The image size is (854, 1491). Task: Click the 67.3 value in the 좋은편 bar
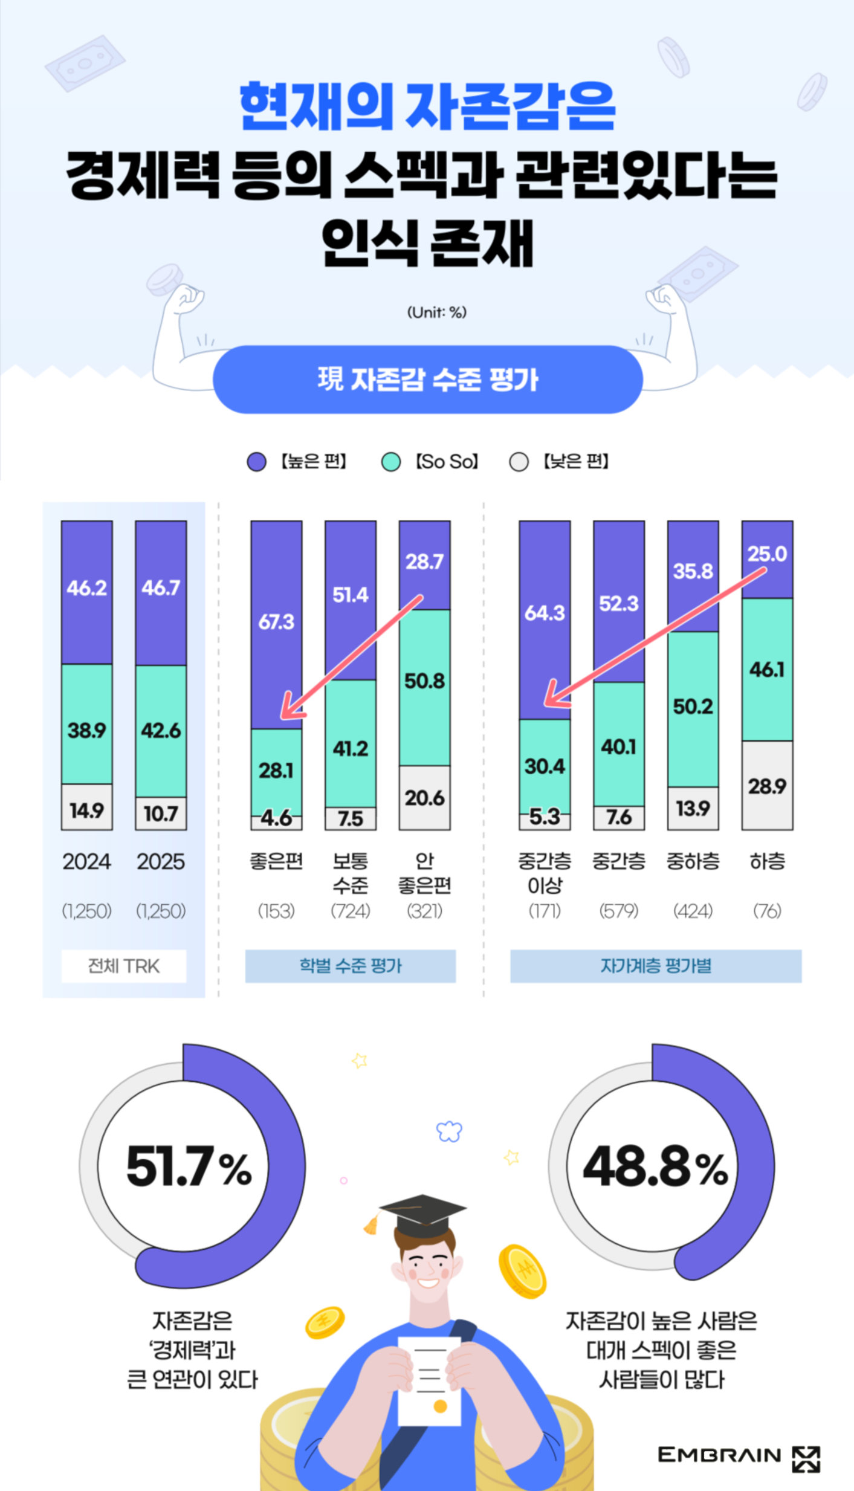276,621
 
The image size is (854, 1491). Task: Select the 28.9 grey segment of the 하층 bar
767,786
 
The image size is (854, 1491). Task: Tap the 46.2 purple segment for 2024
87,588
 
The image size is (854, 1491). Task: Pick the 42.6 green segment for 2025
161,730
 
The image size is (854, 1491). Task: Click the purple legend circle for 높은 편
257,462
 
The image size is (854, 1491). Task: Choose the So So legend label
447,462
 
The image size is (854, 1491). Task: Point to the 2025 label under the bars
161,861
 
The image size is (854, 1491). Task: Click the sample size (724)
351,911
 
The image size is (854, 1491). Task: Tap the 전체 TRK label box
124,966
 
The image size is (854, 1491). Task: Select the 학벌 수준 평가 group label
351,966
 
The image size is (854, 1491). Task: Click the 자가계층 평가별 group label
656,966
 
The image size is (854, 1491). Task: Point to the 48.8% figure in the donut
656,1166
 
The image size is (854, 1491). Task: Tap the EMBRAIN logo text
719,1455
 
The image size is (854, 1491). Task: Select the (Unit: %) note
436,312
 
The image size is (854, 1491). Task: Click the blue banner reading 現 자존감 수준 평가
428,380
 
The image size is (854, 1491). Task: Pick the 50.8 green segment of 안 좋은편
424,682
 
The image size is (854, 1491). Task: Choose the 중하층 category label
693,861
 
